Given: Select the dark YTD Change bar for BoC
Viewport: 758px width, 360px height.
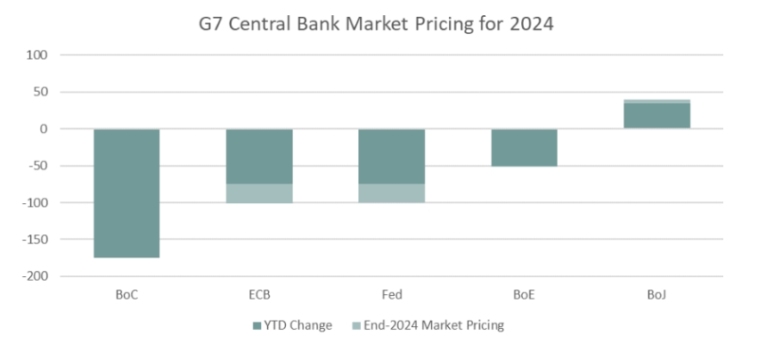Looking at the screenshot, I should point(126,193).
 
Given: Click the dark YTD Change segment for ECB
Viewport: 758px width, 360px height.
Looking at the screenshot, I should point(259,156).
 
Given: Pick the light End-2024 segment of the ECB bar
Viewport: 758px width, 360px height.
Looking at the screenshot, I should point(259,193).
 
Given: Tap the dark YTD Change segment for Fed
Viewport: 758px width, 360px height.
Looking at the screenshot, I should point(391,156).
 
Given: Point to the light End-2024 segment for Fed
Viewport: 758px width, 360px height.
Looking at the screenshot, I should point(391,193).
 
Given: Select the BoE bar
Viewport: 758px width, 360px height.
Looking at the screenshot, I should point(524,147).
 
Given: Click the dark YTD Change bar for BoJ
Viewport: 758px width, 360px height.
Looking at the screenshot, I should point(656,116).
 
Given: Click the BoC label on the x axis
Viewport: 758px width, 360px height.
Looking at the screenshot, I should point(126,294).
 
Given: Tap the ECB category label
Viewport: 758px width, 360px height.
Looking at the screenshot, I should point(259,294).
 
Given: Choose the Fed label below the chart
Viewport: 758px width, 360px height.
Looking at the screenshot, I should point(391,294).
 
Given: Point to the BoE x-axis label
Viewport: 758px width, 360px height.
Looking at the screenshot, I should point(524,294).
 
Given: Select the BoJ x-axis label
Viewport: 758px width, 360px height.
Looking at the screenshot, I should point(656,294).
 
